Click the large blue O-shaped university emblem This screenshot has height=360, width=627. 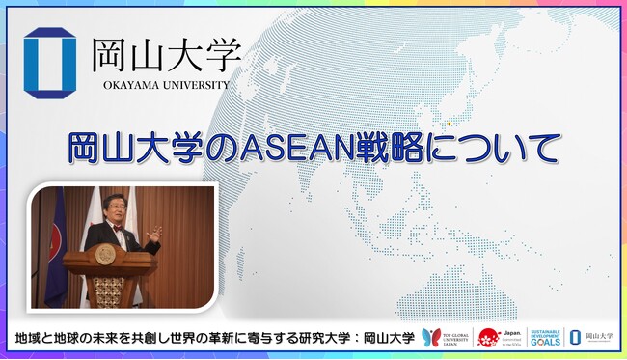49,64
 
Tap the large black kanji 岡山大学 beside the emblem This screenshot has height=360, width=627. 166,54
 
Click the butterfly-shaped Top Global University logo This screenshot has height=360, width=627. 431,337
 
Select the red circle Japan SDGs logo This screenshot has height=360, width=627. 488,338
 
